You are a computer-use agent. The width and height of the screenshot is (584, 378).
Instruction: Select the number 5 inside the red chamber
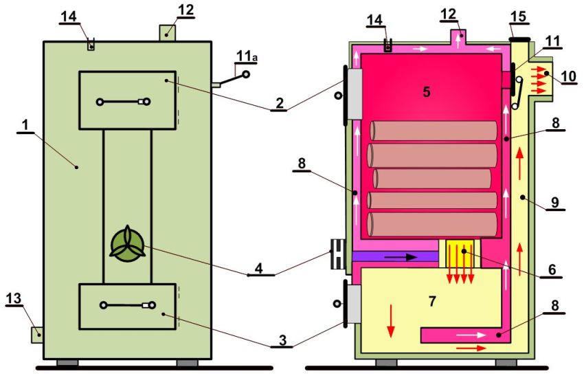click(427, 91)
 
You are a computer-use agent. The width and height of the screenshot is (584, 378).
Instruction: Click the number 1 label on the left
click(25, 125)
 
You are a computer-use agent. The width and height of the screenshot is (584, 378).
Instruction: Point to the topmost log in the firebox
click(433, 131)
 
